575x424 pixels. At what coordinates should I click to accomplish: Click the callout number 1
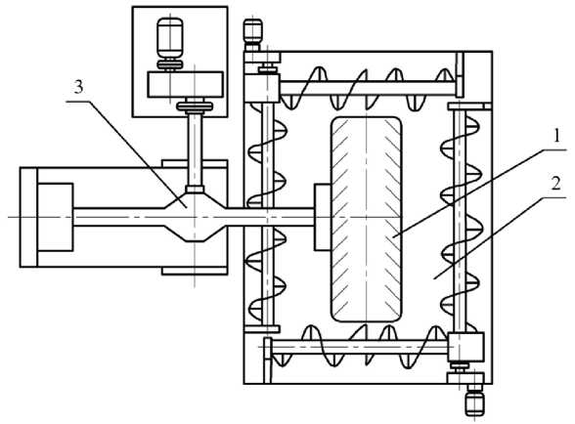click(x=556, y=137)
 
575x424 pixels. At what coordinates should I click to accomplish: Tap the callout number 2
click(x=556, y=184)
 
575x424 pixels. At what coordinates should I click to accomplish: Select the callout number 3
click(x=78, y=87)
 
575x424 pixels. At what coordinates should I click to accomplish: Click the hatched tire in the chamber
click(x=367, y=219)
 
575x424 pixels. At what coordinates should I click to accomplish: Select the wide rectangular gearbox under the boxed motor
click(x=185, y=84)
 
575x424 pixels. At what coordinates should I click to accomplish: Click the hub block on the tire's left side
click(x=323, y=217)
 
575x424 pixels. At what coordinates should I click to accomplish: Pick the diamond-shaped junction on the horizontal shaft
click(x=195, y=217)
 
